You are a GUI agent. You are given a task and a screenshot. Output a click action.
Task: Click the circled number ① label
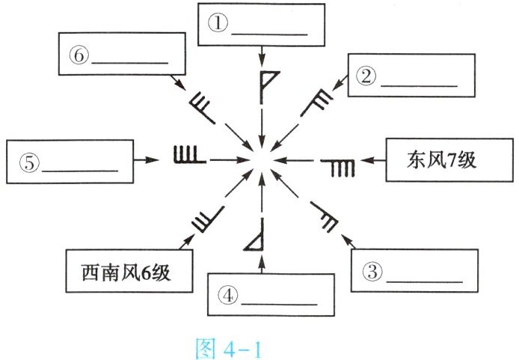pyautogui.click(x=218, y=23)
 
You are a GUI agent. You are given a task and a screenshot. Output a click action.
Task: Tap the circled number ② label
pyautogui.click(x=366, y=75)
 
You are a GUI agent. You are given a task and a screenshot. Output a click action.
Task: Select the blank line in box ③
pyautogui.click(x=426, y=279)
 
